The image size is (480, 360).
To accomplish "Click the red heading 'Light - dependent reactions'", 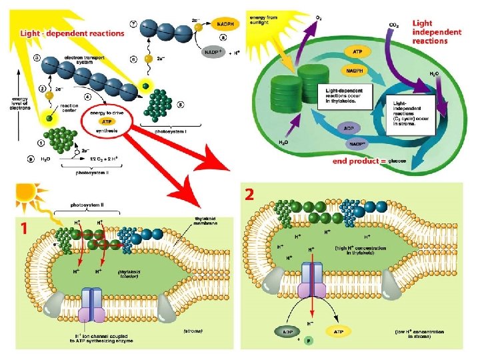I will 72,33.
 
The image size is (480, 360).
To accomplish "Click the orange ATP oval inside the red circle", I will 106,121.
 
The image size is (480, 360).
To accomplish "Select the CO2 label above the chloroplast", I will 393,25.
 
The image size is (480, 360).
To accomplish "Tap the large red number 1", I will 24,228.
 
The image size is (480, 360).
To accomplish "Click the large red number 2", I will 250,195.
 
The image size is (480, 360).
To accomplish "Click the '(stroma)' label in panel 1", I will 193,330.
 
